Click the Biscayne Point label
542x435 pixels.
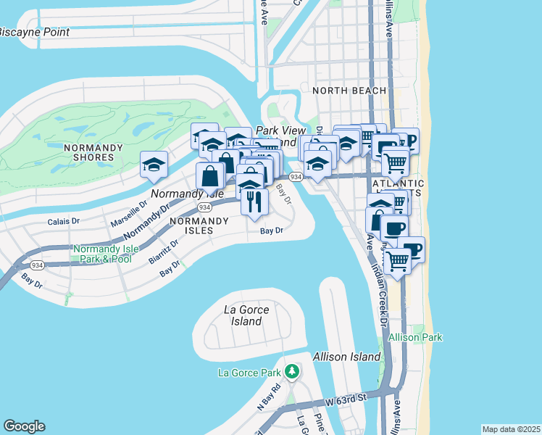coord(34,33)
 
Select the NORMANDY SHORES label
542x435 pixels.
coord(88,152)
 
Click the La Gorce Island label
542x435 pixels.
coord(246,315)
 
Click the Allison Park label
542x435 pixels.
coord(415,338)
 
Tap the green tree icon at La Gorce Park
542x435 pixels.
coord(291,372)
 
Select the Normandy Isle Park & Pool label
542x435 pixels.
coord(102,254)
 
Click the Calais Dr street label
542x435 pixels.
coord(63,221)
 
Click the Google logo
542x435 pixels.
coord(24,426)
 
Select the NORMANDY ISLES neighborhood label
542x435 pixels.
coord(191,225)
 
